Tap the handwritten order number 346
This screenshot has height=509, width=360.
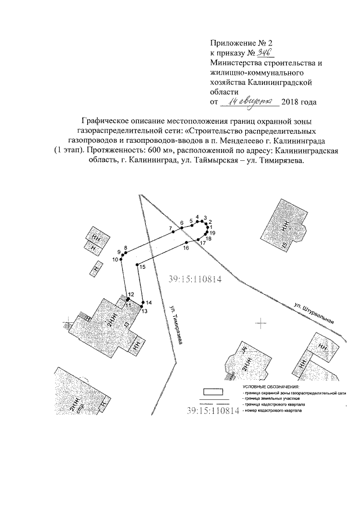click(x=264, y=52)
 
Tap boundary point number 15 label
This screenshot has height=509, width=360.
click(x=143, y=268)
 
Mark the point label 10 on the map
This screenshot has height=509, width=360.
click(x=115, y=260)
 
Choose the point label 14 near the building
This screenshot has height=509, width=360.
click(x=149, y=303)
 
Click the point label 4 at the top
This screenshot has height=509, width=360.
click(x=197, y=217)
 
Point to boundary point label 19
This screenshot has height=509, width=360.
click(x=213, y=232)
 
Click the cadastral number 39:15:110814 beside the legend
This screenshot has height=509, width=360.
click(x=213, y=411)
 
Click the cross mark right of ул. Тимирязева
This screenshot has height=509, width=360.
click(x=260, y=322)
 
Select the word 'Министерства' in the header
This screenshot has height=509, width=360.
click(x=236, y=63)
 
